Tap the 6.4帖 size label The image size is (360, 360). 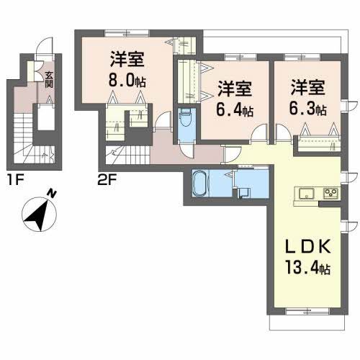pos(235,110)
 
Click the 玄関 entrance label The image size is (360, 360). pos(49,75)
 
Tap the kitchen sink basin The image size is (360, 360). pos(304,193)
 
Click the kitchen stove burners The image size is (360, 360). pos(331,193)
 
